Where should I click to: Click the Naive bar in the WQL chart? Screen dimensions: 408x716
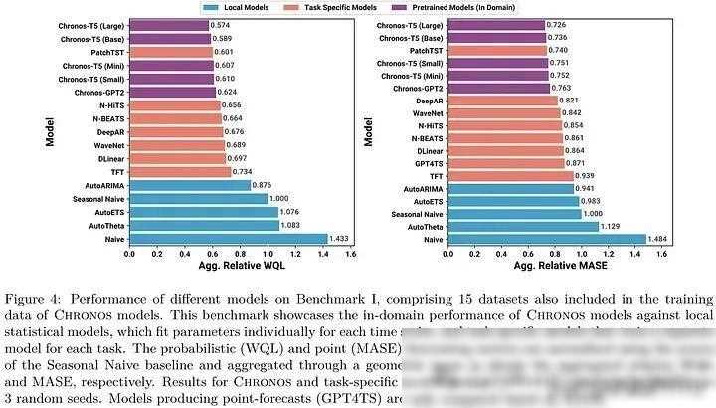[x=228, y=239]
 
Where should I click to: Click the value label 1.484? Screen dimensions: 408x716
[x=660, y=239]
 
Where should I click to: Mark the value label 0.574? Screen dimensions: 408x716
[x=222, y=24]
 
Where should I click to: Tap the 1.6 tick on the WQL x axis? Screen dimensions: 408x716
[x=350, y=254]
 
